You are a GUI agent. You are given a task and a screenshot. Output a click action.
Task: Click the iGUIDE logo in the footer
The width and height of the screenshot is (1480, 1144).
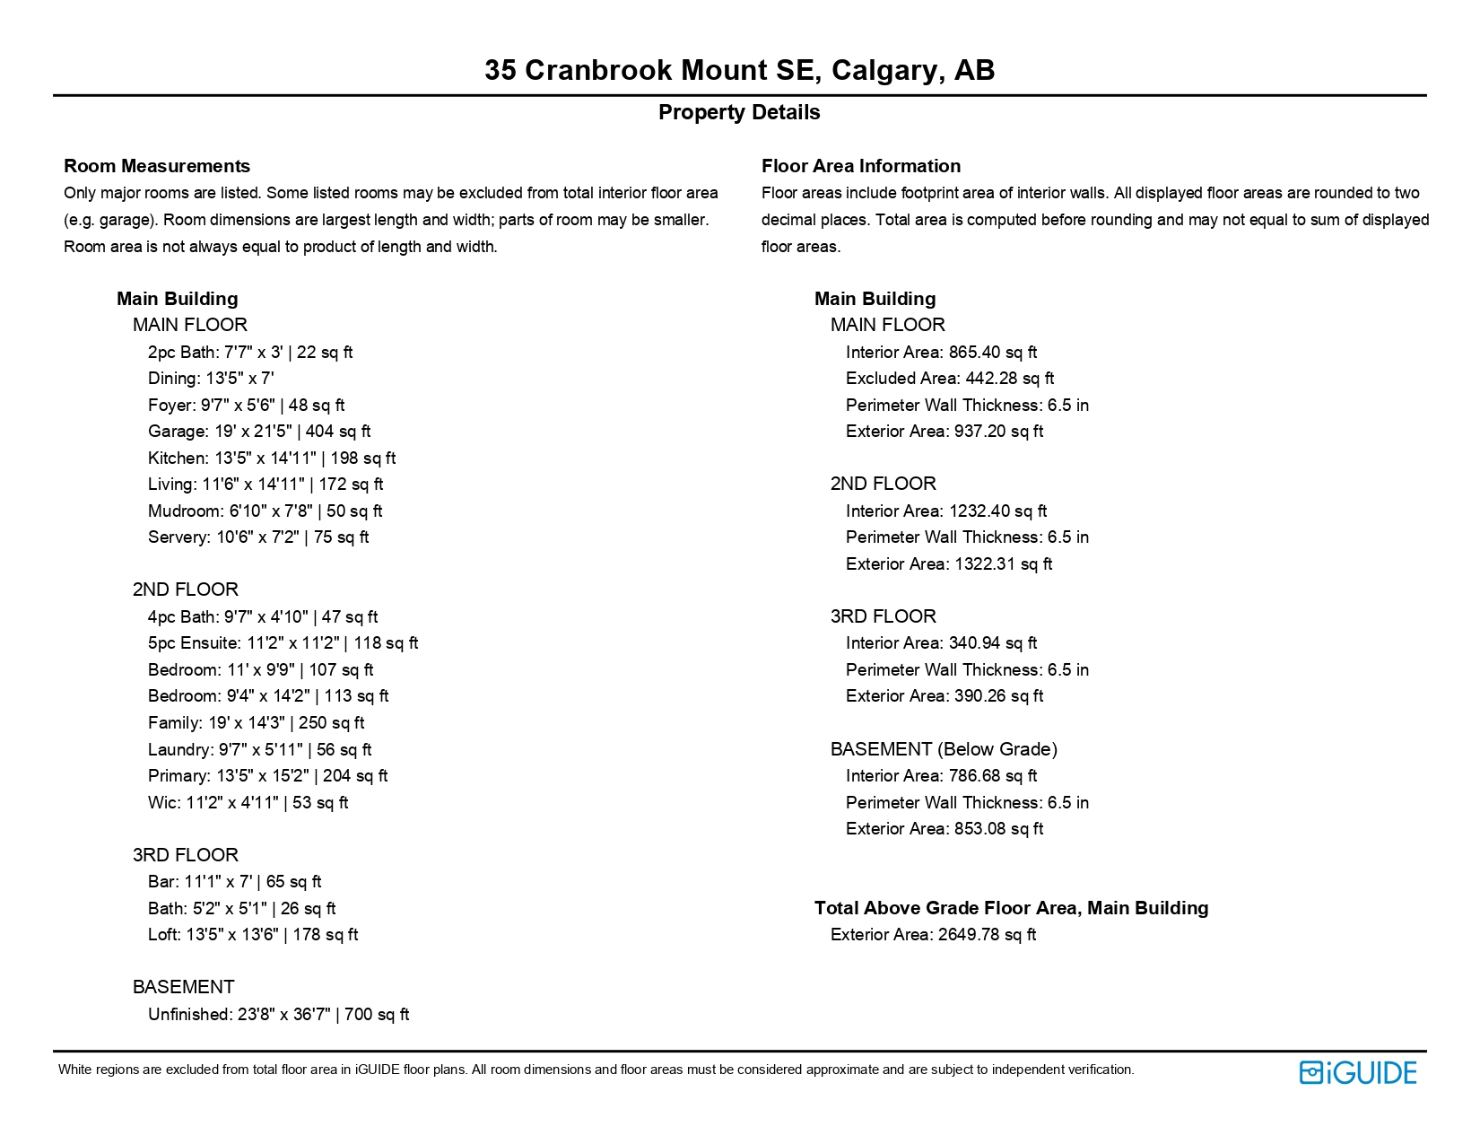click(x=1357, y=1072)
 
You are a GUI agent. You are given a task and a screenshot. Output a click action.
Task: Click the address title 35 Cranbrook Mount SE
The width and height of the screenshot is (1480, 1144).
click(x=739, y=70)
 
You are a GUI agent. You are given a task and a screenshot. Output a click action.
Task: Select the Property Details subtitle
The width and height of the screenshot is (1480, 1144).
click(x=739, y=113)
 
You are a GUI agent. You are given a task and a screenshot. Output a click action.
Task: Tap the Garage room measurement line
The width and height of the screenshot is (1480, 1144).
click(x=259, y=432)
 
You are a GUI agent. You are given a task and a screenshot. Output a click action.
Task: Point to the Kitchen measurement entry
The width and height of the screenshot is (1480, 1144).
click(x=272, y=458)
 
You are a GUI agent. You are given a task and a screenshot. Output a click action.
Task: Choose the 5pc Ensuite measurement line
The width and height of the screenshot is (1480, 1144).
click(x=283, y=643)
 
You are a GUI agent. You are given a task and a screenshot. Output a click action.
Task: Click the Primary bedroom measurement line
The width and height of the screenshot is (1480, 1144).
click(x=267, y=776)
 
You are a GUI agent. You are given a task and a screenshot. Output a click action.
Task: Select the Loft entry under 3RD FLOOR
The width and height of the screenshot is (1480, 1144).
click(x=253, y=935)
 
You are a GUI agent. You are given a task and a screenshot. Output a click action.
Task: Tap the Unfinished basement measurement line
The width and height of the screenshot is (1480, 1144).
click(x=278, y=1015)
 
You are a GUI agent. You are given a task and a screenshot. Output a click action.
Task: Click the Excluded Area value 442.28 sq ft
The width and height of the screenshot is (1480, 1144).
click(x=950, y=379)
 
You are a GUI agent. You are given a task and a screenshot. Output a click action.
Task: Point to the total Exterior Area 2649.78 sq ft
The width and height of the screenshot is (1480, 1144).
click(x=933, y=935)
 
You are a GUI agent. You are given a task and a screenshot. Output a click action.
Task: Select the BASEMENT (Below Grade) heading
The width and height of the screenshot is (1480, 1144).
click(x=944, y=749)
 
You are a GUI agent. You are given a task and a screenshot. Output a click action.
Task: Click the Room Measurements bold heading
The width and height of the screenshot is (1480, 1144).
click(x=157, y=166)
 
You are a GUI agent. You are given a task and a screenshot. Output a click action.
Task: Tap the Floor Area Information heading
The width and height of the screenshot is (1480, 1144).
click(x=861, y=166)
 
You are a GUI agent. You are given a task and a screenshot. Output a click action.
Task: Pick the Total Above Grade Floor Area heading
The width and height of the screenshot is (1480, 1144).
click(x=1011, y=908)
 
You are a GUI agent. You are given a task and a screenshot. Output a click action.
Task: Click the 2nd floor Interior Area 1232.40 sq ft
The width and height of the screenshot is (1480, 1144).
click(x=946, y=511)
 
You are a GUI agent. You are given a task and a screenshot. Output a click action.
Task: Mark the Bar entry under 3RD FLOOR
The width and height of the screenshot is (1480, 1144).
click(x=234, y=882)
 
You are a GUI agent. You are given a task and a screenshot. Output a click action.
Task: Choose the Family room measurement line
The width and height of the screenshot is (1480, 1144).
click(x=256, y=723)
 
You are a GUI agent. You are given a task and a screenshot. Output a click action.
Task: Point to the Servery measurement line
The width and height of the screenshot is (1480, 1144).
click(x=258, y=537)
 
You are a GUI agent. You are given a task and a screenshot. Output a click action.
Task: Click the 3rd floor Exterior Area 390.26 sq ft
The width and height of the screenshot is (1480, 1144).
click(x=945, y=696)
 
